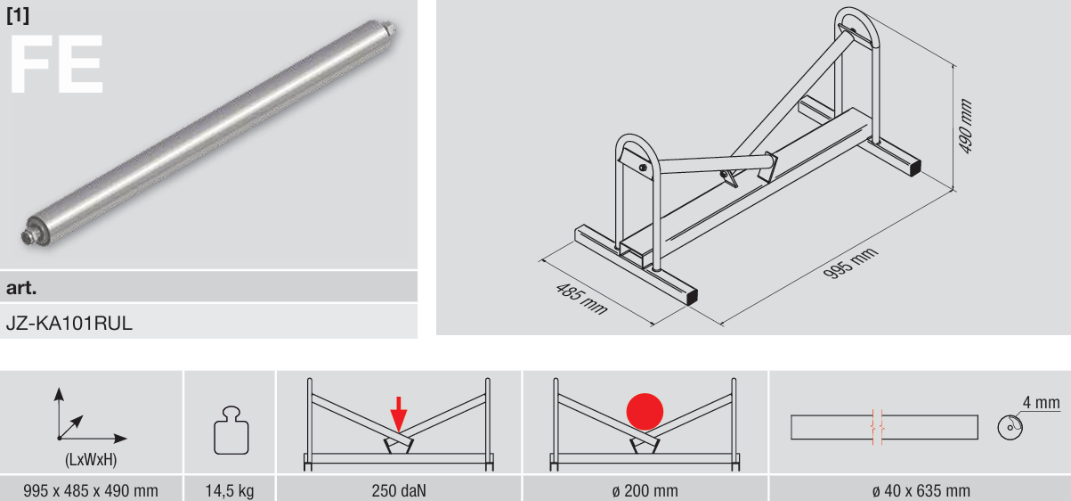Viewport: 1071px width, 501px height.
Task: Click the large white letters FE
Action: tap(56, 64)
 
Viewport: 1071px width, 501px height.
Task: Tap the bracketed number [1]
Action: tap(18, 16)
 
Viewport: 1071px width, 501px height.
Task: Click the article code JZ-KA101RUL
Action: tap(69, 324)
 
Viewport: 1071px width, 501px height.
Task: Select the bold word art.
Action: tap(21, 287)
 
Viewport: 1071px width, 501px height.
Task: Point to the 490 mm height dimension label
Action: tap(966, 127)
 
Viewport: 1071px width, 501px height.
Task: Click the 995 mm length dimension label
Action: tap(850, 263)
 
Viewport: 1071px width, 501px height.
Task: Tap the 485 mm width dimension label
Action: tap(581, 299)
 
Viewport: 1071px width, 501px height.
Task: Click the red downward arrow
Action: tap(398, 415)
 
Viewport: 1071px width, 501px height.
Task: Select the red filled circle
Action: tap(645, 412)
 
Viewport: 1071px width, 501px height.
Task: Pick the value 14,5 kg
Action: tap(230, 491)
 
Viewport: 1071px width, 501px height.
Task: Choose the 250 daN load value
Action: tap(399, 491)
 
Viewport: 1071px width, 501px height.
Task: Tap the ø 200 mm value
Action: tap(645, 491)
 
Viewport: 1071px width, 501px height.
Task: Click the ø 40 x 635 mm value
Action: tap(921, 491)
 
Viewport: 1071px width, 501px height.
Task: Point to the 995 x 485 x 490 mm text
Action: tap(91, 491)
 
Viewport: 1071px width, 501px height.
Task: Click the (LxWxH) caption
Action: tap(91, 460)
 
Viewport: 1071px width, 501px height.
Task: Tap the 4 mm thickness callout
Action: tap(1041, 403)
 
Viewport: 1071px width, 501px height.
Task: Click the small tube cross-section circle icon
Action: tap(1010, 427)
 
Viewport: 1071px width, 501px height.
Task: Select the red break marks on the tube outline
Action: tap(877, 427)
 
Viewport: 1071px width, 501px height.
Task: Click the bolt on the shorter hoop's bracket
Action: tap(643, 168)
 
